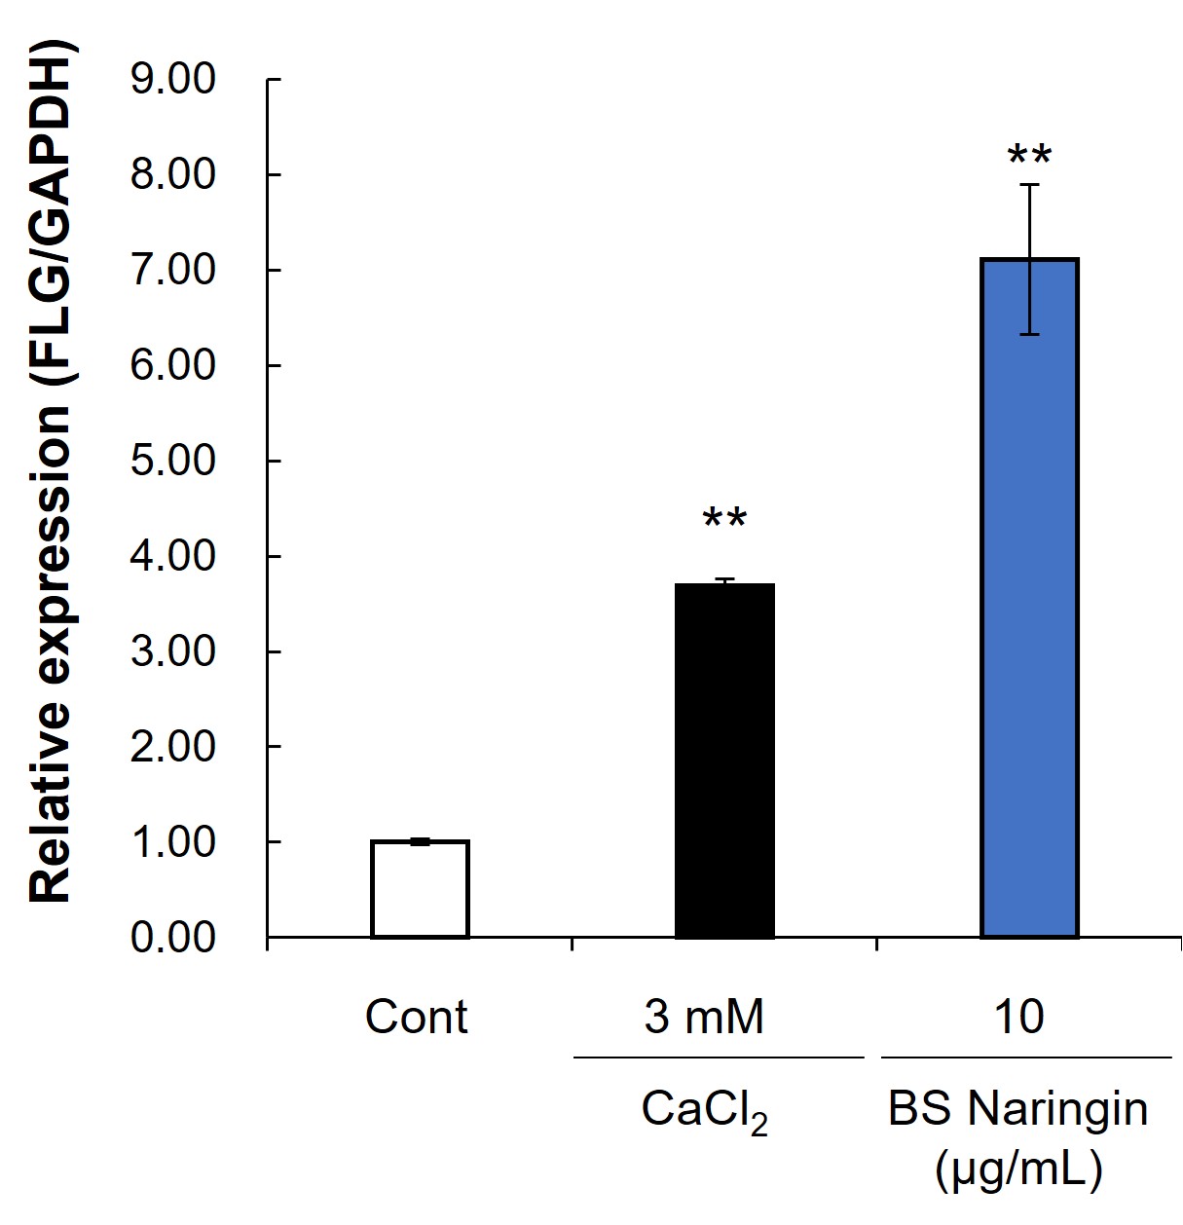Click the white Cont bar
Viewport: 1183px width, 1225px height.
(x=420, y=889)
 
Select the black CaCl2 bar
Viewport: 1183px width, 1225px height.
(x=724, y=761)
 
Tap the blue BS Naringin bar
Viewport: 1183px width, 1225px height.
(x=1029, y=598)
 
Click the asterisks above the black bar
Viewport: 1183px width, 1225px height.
(x=724, y=519)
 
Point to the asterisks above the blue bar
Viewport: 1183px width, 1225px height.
(x=1029, y=155)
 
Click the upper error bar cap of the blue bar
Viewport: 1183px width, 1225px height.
(x=1029, y=184)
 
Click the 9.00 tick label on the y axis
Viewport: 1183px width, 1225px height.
(x=172, y=80)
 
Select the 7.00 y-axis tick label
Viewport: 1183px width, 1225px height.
(x=172, y=271)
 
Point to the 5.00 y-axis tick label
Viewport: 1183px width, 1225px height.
(x=172, y=462)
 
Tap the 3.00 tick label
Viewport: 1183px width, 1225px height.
(x=172, y=652)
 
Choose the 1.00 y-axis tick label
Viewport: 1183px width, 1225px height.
(x=172, y=843)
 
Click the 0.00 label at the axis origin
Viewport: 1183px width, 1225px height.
(x=172, y=938)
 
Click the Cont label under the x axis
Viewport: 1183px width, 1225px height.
(x=417, y=1017)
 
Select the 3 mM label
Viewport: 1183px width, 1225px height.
(x=704, y=1017)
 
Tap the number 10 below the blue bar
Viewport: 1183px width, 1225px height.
(x=1019, y=1017)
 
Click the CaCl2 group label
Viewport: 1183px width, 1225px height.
(x=705, y=1112)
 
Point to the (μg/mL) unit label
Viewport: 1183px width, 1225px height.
(x=1018, y=1169)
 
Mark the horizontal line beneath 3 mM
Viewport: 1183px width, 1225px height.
(x=719, y=1058)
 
